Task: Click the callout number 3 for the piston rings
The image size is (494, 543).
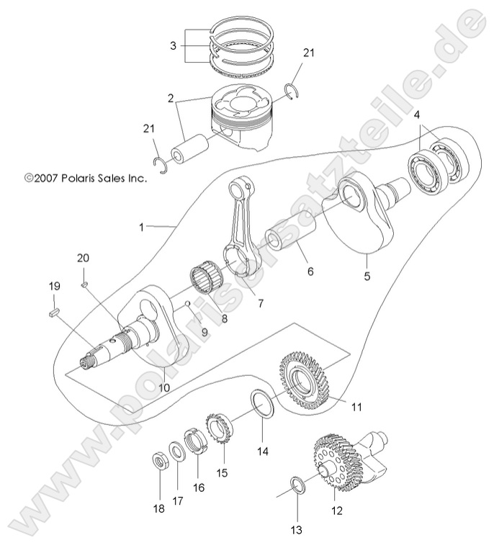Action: pyautogui.click(x=172, y=46)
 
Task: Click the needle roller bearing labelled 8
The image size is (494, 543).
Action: pyautogui.click(x=207, y=279)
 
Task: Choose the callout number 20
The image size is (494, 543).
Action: pyautogui.click(x=83, y=258)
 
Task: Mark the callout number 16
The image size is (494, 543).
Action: pyautogui.click(x=199, y=488)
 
